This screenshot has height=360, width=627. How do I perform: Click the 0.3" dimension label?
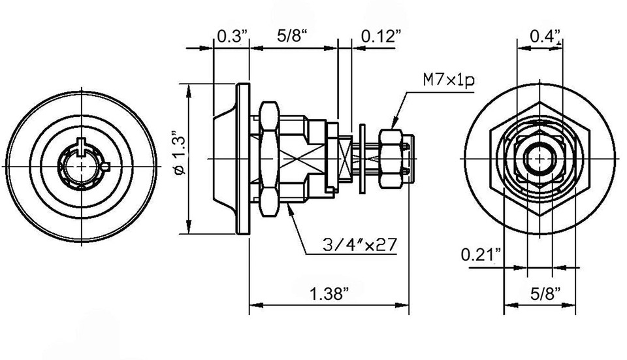pyautogui.click(x=231, y=37)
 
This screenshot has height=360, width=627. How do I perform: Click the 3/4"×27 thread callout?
pyautogui.click(x=359, y=244)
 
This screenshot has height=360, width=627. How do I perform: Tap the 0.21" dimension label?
pyautogui.click(x=481, y=254)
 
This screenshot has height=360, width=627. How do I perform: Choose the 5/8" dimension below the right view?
pyautogui.click(x=545, y=295)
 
